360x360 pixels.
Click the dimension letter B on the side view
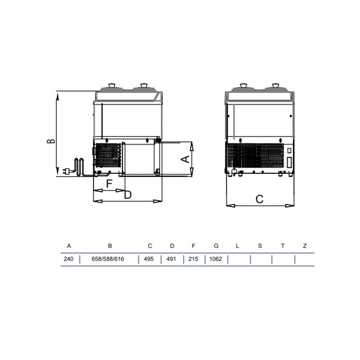point(51,141)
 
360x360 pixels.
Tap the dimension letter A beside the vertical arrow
point(185,159)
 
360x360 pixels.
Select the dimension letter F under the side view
point(109,184)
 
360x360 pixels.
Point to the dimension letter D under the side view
point(128,195)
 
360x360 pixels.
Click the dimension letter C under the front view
point(260,199)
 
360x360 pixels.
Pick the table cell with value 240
point(68,259)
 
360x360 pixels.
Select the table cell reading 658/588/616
point(108,259)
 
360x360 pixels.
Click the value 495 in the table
point(149,259)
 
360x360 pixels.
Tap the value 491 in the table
point(171,259)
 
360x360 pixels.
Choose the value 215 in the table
point(193,259)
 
